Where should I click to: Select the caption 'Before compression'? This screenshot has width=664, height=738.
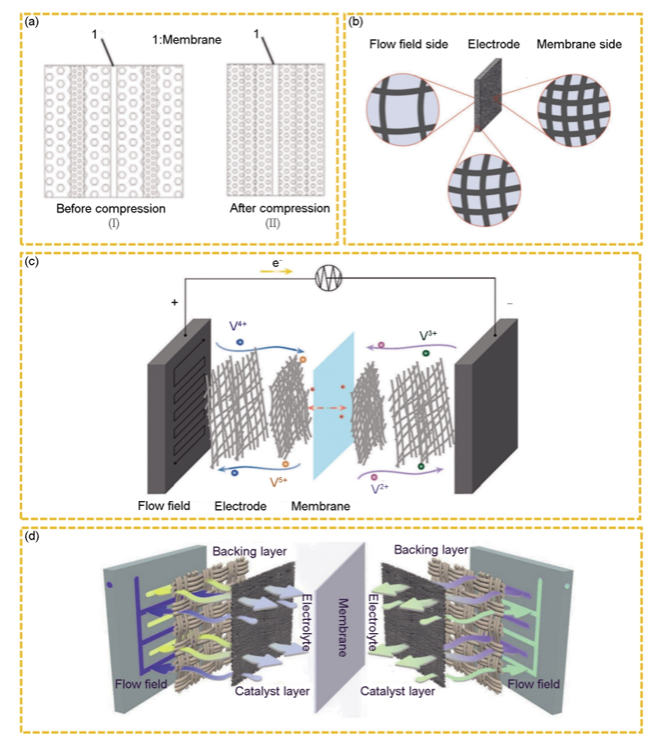[111, 209]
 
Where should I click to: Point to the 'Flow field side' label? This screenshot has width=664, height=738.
[408, 44]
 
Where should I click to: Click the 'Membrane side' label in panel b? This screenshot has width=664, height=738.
[579, 44]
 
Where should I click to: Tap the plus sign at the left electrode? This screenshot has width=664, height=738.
[174, 303]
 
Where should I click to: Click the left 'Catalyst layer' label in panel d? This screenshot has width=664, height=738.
[272, 692]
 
